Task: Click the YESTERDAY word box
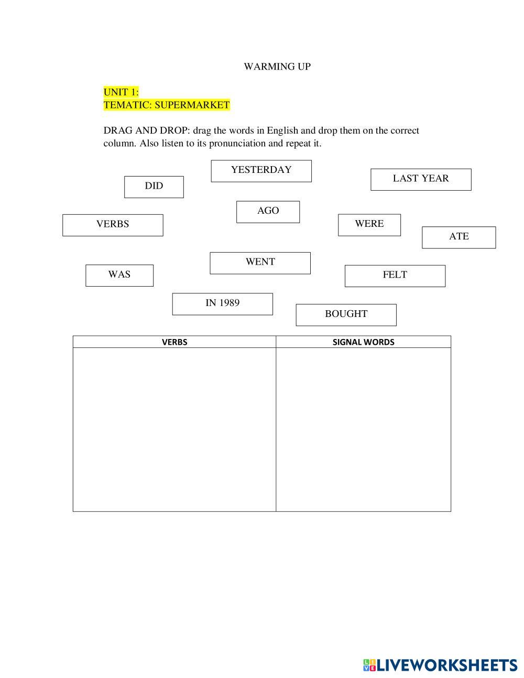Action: (x=261, y=171)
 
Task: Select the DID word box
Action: (x=154, y=187)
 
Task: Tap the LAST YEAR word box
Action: (x=421, y=179)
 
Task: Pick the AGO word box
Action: (x=268, y=212)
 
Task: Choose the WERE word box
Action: (x=369, y=225)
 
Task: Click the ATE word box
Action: (x=458, y=237)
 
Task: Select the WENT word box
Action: (x=260, y=263)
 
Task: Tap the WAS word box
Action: (x=119, y=276)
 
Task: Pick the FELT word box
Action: (x=395, y=276)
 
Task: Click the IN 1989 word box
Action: (x=222, y=304)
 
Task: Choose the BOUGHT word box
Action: (x=346, y=315)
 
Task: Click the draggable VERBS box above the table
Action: (x=113, y=225)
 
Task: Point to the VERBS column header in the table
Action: (x=174, y=342)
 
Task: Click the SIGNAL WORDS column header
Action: (x=363, y=342)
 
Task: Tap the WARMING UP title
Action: (x=277, y=67)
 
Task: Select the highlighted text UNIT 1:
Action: (x=121, y=92)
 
